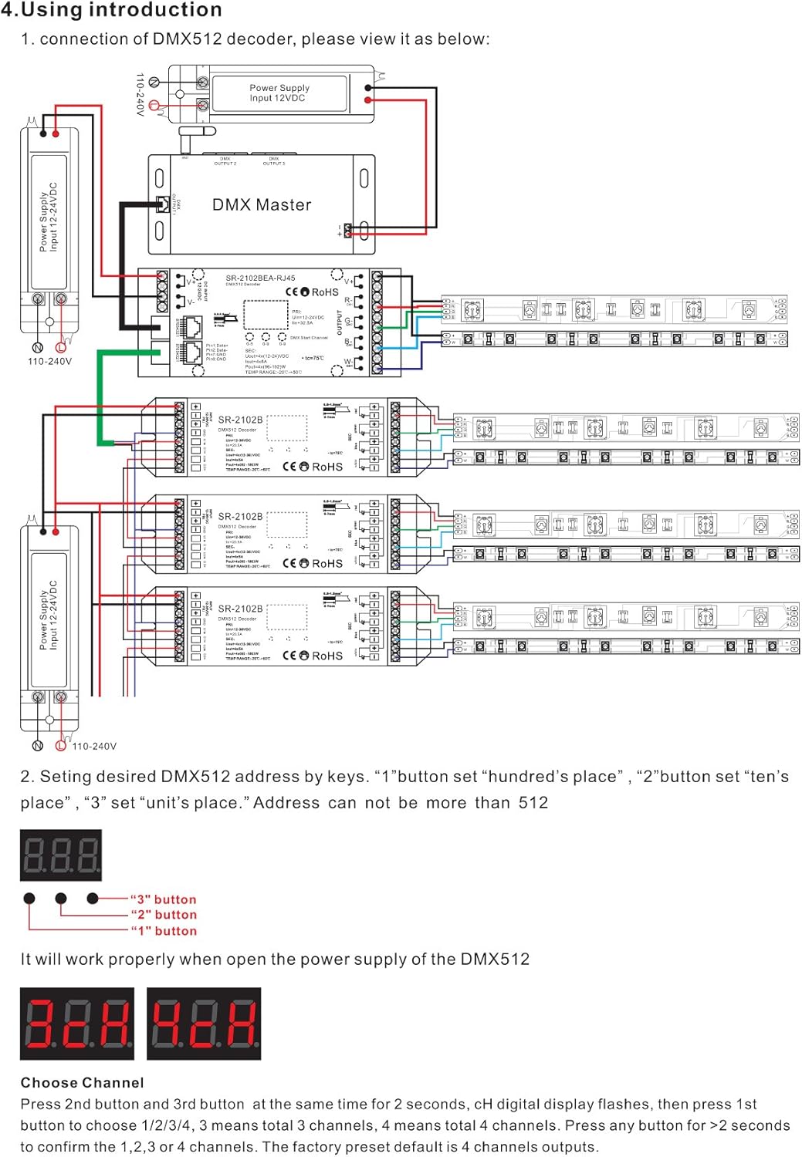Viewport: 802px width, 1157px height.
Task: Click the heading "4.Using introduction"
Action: click(x=111, y=10)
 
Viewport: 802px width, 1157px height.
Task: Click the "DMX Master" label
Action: click(x=262, y=205)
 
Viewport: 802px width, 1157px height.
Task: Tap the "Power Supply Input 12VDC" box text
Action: click(x=279, y=93)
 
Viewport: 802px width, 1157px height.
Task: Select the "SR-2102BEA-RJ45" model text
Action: click(x=260, y=278)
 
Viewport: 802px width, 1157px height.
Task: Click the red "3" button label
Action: click(x=163, y=899)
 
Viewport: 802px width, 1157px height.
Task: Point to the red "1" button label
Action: click(x=163, y=931)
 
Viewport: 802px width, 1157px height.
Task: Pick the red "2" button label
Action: click(x=163, y=915)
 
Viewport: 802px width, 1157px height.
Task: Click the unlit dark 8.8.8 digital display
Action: click(x=61, y=855)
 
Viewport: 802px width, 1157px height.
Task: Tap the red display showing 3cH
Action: click(x=76, y=1023)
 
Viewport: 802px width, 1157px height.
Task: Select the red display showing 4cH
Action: click(x=204, y=1023)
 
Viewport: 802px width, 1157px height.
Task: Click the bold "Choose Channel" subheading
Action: click(x=82, y=1082)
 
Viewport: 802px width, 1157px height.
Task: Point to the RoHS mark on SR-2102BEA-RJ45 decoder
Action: click(x=324, y=292)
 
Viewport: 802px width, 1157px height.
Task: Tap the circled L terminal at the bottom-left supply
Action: click(x=61, y=745)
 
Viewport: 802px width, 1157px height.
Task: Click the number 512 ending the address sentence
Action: click(x=533, y=802)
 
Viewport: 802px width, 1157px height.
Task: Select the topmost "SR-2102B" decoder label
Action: click(x=240, y=420)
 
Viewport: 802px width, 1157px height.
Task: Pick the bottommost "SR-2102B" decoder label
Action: click(x=240, y=609)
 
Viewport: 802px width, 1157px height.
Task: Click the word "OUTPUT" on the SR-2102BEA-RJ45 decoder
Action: click(x=339, y=322)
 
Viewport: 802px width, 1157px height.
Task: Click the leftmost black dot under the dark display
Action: click(x=29, y=898)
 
